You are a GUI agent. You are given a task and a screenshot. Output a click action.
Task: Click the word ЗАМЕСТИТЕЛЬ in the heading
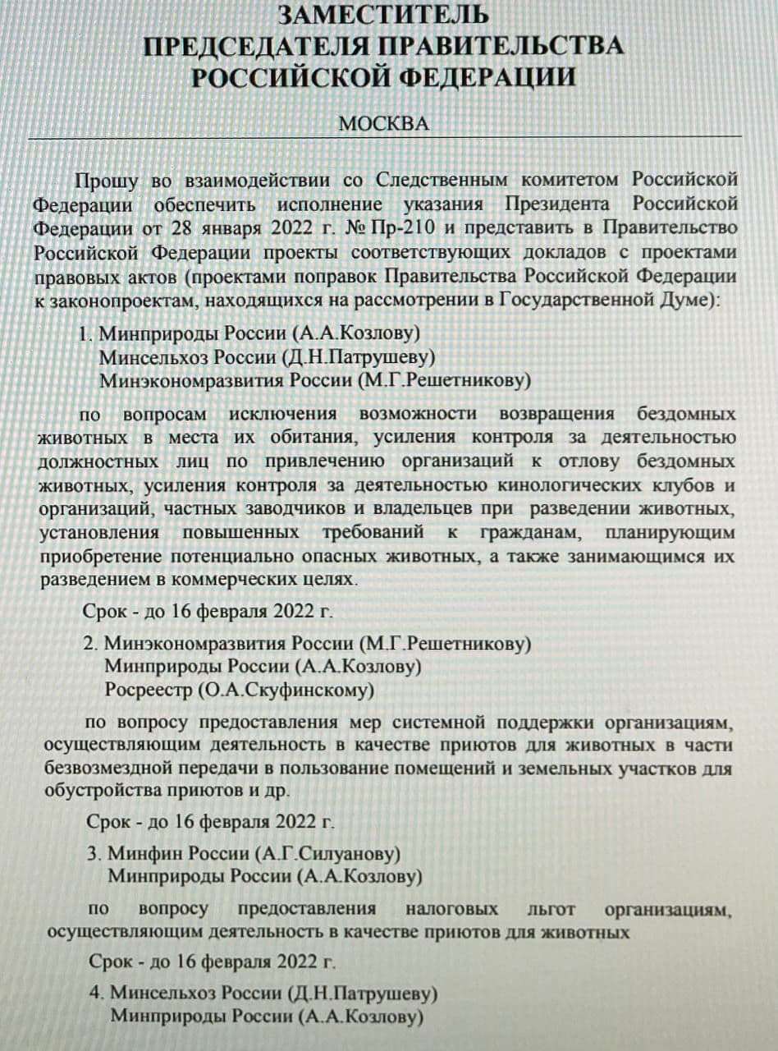(383, 15)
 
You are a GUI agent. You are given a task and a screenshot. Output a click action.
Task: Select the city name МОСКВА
(383, 123)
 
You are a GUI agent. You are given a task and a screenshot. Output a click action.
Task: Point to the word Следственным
(443, 180)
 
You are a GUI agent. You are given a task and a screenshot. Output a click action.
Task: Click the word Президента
(558, 203)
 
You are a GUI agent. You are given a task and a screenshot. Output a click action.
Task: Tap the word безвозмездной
(94, 770)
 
